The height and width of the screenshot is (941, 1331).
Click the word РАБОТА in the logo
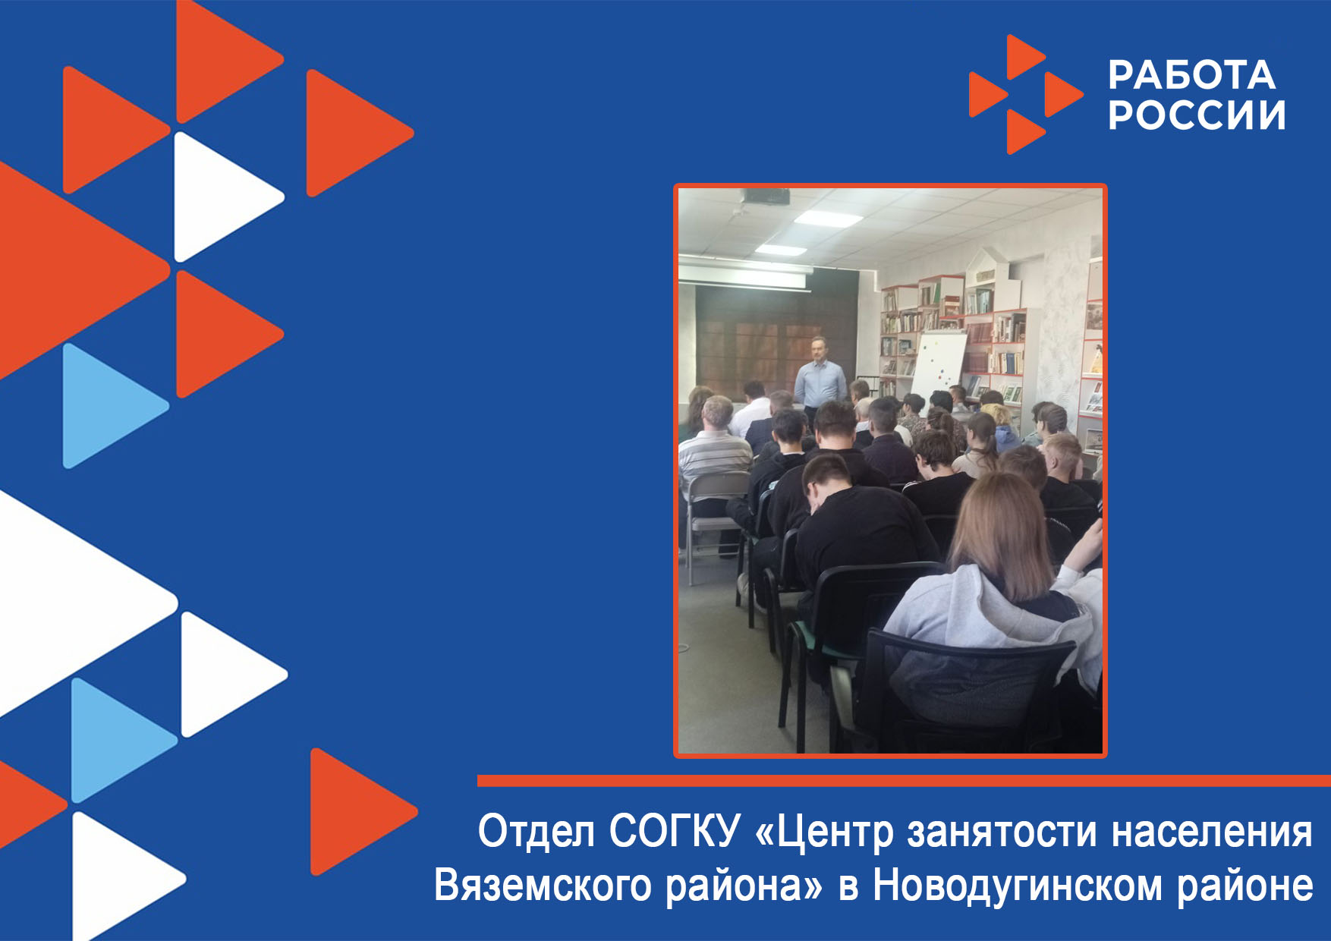point(1191,74)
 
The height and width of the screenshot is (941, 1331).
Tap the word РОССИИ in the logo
point(1197,115)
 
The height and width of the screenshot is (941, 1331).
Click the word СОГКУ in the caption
point(675,830)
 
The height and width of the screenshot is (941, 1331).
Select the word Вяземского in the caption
point(543,886)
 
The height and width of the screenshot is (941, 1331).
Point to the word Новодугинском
point(1017,886)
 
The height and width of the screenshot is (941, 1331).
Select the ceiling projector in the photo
point(766,197)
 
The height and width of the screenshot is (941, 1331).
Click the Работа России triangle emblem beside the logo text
point(1026,95)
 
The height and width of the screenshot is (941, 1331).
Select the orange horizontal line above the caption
point(904,781)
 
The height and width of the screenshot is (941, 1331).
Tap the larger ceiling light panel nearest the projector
point(829,219)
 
